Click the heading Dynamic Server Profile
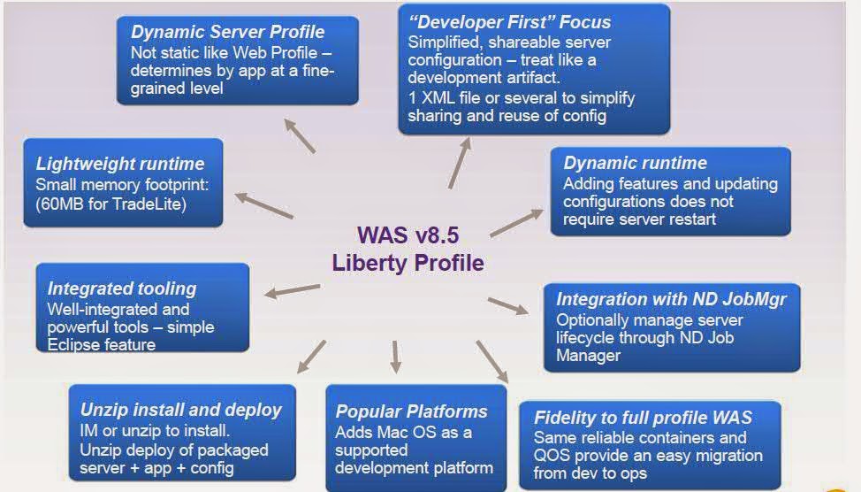tap(227, 33)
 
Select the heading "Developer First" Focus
tap(509, 22)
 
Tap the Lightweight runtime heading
tap(120, 164)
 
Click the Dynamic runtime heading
tap(635, 163)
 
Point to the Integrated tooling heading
tap(122, 288)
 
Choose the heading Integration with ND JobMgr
tap(671, 299)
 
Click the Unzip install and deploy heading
tap(180, 410)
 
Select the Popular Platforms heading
tap(411, 411)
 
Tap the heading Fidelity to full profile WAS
tap(643, 418)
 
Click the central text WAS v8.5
tap(408, 235)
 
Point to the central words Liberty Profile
tap(408, 263)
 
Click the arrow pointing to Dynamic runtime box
tap(517, 223)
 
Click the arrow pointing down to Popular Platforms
tap(395, 356)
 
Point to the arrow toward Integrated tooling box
tap(293, 290)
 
